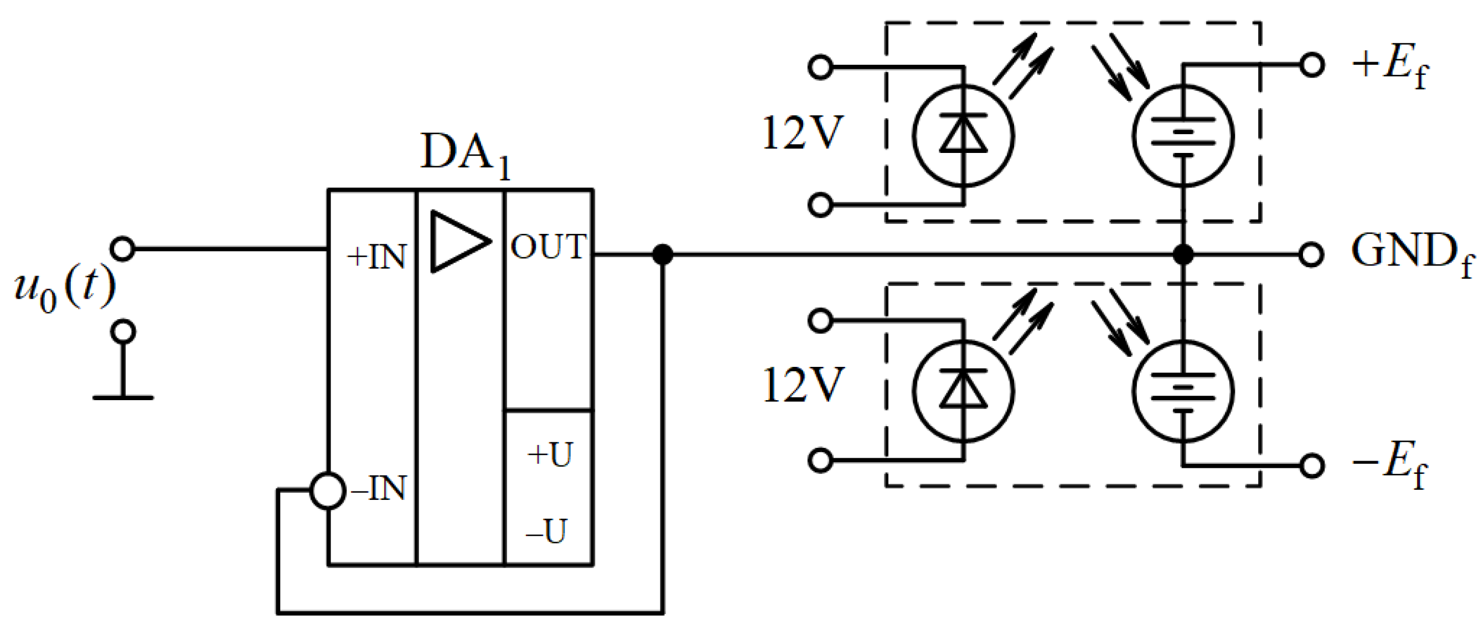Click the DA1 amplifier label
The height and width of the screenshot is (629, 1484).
click(x=464, y=154)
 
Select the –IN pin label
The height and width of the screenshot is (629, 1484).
click(x=379, y=489)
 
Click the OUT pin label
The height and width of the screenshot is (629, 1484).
click(x=548, y=247)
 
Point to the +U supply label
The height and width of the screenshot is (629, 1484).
click(x=550, y=455)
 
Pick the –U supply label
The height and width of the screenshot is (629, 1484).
click(x=546, y=531)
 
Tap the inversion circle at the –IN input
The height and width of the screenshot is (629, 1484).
click(x=328, y=490)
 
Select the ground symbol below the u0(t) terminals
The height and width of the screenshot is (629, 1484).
click(x=123, y=396)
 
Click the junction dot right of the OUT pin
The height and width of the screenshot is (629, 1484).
click(x=663, y=254)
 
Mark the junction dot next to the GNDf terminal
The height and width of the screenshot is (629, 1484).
click(x=1183, y=254)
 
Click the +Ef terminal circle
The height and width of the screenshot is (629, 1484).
click(x=1312, y=65)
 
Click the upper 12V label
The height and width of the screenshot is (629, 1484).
click(x=802, y=134)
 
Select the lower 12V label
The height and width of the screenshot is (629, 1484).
click(x=802, y=385)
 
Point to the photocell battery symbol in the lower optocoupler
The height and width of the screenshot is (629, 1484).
click(x=1183, y=392)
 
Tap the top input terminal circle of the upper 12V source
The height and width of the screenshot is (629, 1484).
click(x=820, y=67)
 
